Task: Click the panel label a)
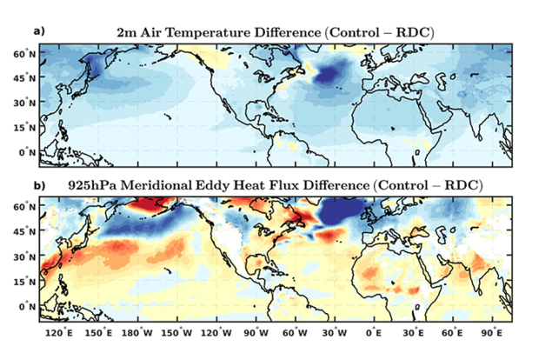click(37, 31)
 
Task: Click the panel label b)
click(37, 185)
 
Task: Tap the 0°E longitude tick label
click(374, 331)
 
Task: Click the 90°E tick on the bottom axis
click(491, 331)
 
